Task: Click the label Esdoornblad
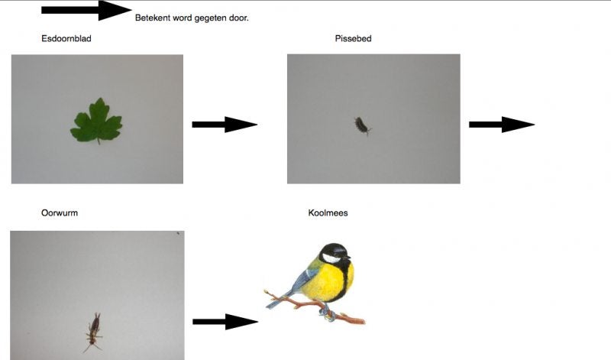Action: pos(66,38)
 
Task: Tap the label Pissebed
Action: pos(353,38)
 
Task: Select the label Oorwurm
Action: pos(60,213)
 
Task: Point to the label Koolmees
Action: pos(328,213)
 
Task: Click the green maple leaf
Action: pos(97,122)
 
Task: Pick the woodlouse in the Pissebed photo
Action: pos(360,125)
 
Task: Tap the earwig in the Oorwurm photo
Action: pos(94,330)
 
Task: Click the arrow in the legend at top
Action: pos(87,11)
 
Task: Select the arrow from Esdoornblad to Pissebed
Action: pos(224,125)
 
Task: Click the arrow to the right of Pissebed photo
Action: pos(501,125)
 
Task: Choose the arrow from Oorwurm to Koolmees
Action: pos(224,322)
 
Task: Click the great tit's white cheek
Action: pos(331,259)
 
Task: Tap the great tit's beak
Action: pos(350,258)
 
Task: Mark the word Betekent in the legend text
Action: pos(152,18)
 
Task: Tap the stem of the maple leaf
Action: pos(98,139)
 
